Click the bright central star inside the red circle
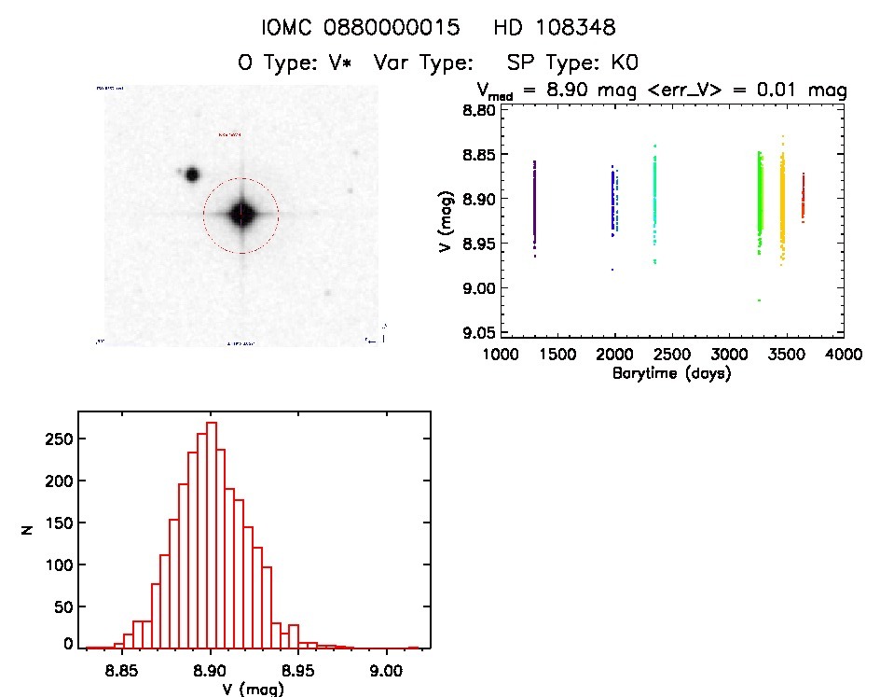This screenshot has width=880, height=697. coord(241,214)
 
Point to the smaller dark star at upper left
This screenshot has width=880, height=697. coord(192,174)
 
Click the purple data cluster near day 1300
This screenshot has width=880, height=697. coord(534,201)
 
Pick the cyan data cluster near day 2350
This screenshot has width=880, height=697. coord(655,196)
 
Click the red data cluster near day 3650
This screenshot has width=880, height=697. coord(803,196)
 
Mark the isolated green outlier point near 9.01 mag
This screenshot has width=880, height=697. coord(760,300)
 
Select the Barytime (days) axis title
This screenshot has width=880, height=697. coord(671,373)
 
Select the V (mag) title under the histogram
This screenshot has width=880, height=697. coord(243,689)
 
